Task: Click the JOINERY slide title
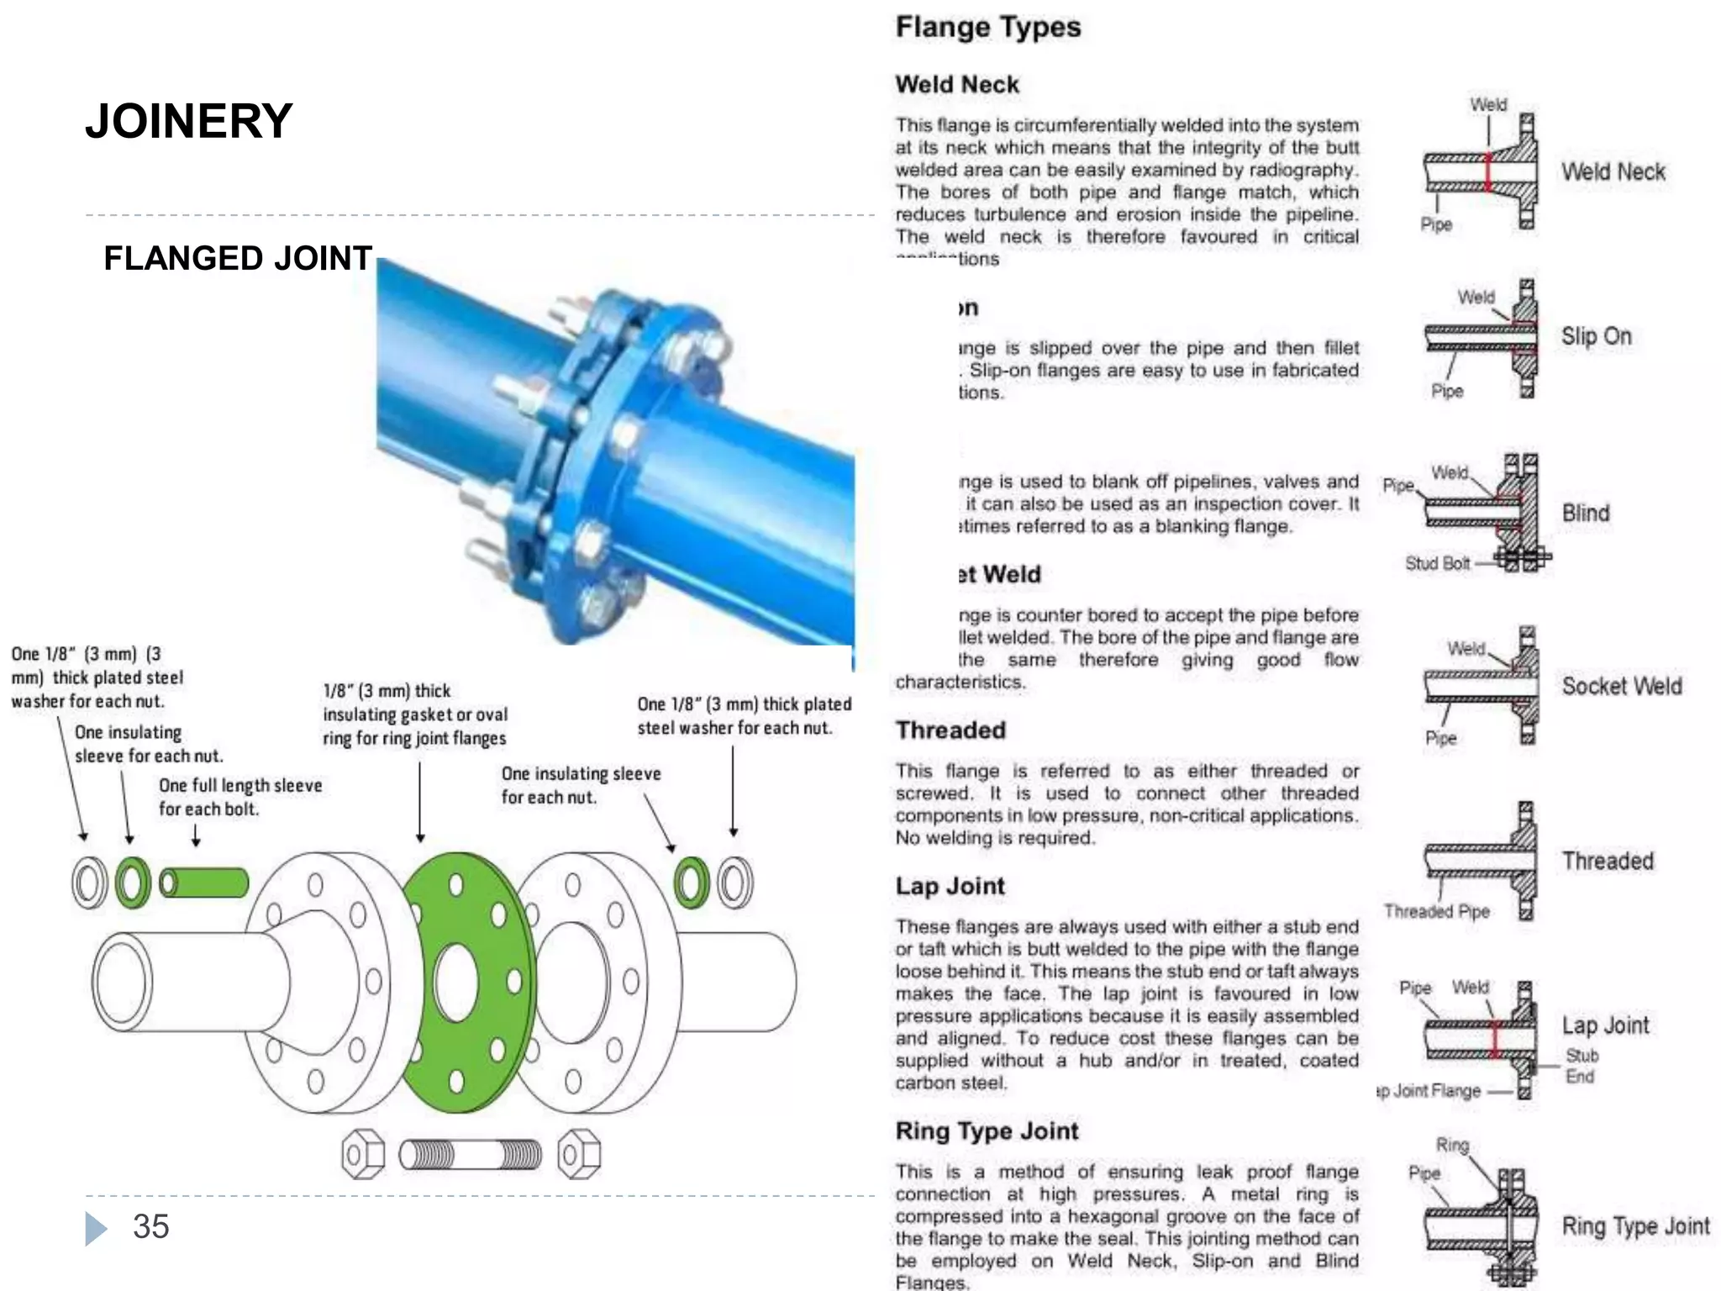[x=189, y=121]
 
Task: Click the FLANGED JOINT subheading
[x=238, y=258]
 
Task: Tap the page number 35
[x=151, y=1226]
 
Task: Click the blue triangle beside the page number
[x=96, y=1228]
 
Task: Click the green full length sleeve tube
[x=204, y=883]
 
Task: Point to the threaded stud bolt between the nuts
[x=470, y=1155]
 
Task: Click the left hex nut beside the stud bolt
[x=363, y=1155]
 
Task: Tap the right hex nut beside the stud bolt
[x=579, y=1155]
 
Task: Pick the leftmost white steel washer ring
[x=89, y=883]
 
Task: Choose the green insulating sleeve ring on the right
[x=692, y=883]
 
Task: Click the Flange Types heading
[x=988, y=27]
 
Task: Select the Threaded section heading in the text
[x=950, y=730]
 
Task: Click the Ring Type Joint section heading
[x=987, y=1130]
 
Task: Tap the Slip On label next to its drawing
[x=1596, y=336]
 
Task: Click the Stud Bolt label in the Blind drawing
[x=1437, y=563]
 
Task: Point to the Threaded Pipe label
[x=1436, y=911]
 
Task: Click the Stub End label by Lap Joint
[x=1581, y=1066]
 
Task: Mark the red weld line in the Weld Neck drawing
[x=1487, y=172]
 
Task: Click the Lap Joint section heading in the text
[x=950, y=886]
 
